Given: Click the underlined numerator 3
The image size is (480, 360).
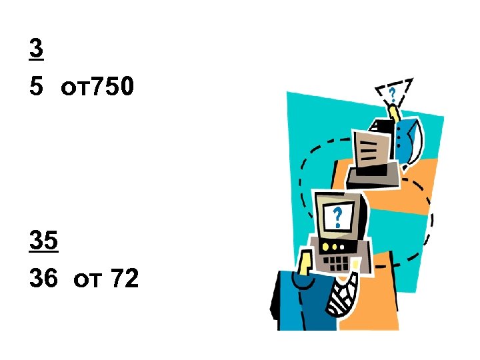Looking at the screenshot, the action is (x=36, y=49).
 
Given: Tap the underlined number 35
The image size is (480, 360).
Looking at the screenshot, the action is (x=44, y=241).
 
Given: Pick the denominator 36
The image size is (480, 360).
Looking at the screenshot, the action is (x=44, y=279).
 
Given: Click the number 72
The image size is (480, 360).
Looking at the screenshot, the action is (x=125, y=279).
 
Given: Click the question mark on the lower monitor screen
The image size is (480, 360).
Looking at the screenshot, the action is (x=338, y=216).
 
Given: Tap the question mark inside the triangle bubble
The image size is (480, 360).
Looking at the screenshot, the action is (x=393, y=93).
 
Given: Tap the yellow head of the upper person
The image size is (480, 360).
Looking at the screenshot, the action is (x=393, y=111).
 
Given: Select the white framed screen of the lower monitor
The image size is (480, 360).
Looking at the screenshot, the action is (x=339, y=217).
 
